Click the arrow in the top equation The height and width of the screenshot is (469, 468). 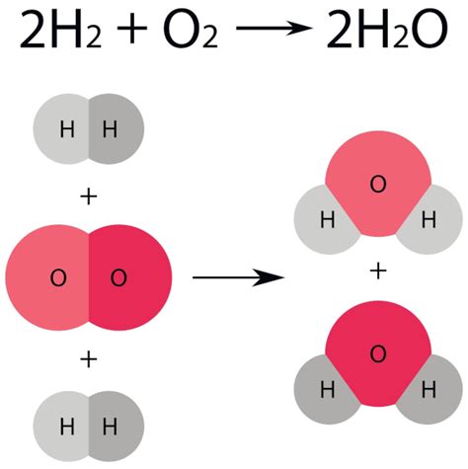point(274,28)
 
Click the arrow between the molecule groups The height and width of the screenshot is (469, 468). point(238,277)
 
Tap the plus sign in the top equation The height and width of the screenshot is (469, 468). point(132,28)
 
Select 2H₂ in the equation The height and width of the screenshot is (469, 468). point(61,29)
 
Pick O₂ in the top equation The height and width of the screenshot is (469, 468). point(191,30)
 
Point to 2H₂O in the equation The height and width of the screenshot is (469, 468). point(387,29)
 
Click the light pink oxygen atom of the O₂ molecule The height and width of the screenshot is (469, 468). point(47,277)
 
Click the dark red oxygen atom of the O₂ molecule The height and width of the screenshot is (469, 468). point(130,277)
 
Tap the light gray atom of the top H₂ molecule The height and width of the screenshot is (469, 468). point(61,128)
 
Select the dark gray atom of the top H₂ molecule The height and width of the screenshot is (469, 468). point(117,128)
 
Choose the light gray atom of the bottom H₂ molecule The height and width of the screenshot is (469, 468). point(61,426)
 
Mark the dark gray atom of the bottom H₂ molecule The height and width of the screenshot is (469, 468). point(117,426)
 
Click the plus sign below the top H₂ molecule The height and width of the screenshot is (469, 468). point(89,197)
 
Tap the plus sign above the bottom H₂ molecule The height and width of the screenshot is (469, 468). point(89,359)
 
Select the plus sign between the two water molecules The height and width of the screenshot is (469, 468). point(378,272)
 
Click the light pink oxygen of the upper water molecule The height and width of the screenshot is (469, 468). point(378,184)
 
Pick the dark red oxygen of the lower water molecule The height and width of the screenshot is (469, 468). point(378,353)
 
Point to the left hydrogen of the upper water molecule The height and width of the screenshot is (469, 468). point(324,220)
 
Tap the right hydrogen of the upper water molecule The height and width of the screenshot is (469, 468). point(431,220)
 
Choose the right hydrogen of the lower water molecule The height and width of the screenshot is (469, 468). point(431,390)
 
